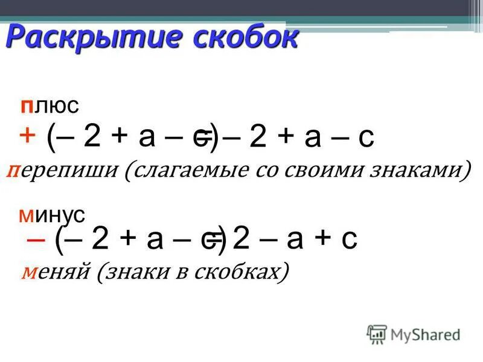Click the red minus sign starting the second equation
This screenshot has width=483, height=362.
point(36,238)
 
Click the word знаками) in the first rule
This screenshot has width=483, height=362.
point(423,171)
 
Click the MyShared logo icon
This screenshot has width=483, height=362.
point(377,334)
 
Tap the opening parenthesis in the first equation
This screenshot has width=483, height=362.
point(53,137)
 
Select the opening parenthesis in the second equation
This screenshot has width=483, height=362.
point(59,240)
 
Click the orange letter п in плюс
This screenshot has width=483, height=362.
point(26,107)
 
